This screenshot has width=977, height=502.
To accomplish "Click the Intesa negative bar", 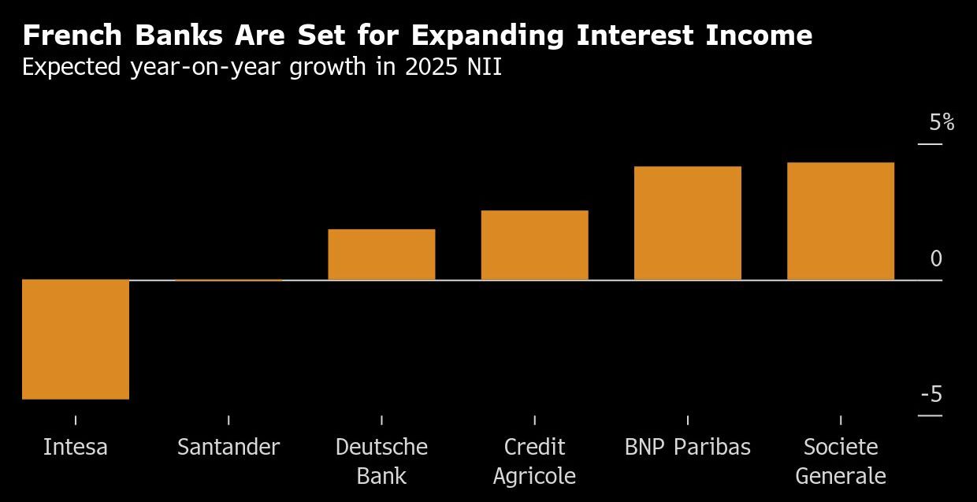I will [x=76, y=340].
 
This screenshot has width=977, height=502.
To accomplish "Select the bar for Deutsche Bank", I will [x=381, y=255].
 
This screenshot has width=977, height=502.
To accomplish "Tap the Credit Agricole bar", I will [x=534, y=245].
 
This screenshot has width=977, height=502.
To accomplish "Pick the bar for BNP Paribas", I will [x=687, y=223].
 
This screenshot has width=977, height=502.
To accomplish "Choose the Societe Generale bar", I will [x=840, y=221].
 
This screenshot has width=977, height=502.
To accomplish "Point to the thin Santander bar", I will [x=228, y=280].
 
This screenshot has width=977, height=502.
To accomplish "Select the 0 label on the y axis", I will [x=936, y=259].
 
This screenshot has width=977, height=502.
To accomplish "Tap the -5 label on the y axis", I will [x=931, y=394].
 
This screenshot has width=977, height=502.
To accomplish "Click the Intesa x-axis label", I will [x=76, y=448].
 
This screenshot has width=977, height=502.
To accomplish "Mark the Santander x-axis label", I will [x=228, y=448].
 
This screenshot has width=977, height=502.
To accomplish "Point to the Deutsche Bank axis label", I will [x=381, y=462].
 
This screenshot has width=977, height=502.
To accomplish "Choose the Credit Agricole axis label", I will [x=534, y=462].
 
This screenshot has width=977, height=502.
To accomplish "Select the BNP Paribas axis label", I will [x=687, y=448].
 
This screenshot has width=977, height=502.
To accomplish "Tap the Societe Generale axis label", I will [x=840, y=462].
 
